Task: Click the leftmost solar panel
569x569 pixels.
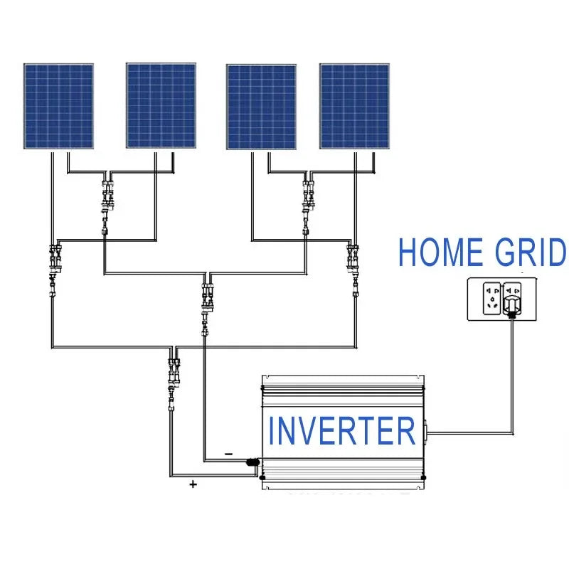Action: (x=58, y=106)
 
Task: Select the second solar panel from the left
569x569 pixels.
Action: (x=161, y=106)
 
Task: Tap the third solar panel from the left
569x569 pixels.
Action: (x=261, y=107)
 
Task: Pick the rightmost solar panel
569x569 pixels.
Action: (x=354, y=107)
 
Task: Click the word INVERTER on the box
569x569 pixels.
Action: (x=341, y=432)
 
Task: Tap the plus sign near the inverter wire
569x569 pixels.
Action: (x=192, y=484)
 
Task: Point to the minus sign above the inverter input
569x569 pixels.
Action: (x=228, y=453)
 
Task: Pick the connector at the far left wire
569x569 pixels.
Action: (x=54, y=263)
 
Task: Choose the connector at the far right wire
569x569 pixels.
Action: (x=353, y=263)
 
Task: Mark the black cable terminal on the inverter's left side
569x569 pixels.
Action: (x=252, y=462)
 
